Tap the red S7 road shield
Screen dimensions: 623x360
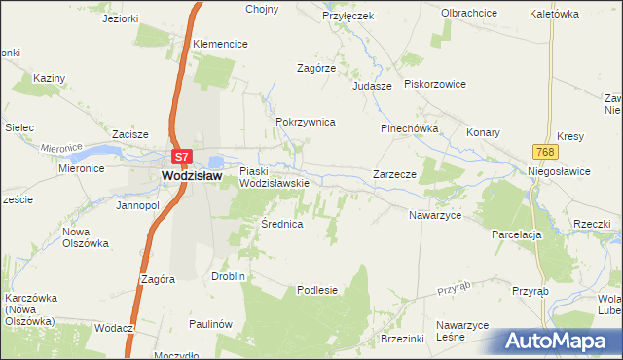(x=181, y=156)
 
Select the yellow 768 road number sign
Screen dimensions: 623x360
(x=545, y=151)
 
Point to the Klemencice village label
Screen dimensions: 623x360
(x=220, y=45)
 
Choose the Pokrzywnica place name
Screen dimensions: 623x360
(x=306, y=122)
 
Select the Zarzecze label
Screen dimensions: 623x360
(x=395, y=174)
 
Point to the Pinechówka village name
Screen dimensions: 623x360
(x=410, y=128)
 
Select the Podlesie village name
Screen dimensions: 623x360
(x=317, y=290)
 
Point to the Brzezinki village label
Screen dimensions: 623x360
(x=403, y=338)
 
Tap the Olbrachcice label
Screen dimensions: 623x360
(x=471, y=13)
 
